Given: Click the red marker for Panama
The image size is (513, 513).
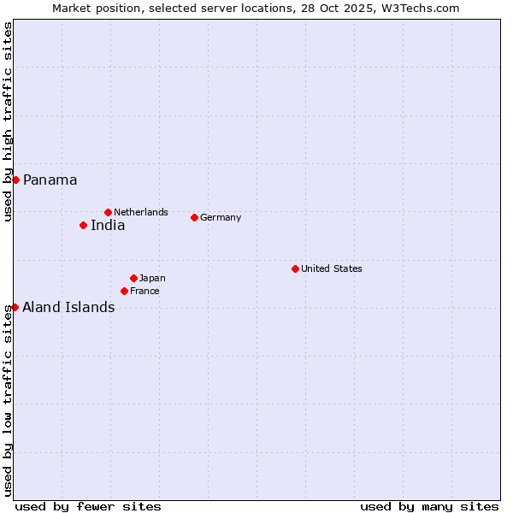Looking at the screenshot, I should pos(15,180).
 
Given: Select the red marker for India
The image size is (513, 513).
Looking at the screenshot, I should pos(83,226).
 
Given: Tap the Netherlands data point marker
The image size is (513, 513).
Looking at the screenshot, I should pos(108,212).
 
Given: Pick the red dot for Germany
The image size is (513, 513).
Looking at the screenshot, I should pos(194,217).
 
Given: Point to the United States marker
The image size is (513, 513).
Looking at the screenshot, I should pos(295,268).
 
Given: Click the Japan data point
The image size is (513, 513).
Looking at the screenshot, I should pos(133,278).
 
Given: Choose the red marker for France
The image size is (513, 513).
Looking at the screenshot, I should pos(124,291).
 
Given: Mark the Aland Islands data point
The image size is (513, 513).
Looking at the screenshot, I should pos(15,307).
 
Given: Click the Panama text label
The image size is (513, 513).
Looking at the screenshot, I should pos(50,180).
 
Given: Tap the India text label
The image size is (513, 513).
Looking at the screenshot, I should pos(108,226).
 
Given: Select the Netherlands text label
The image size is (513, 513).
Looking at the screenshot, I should pos(141,212).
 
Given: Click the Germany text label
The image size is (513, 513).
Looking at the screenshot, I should pos(221,217).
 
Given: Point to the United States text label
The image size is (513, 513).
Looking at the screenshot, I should pos(332,268).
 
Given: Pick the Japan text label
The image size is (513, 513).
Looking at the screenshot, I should pos(152,278).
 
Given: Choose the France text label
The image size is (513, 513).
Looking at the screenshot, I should pos(144,291).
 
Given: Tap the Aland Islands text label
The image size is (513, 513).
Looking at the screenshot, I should pos(68,308).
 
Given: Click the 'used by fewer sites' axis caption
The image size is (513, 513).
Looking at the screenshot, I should pos(88,506).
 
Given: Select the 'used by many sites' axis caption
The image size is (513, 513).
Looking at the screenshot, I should pos(429,506).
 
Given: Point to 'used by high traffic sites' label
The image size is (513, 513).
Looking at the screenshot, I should pos(8,121).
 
